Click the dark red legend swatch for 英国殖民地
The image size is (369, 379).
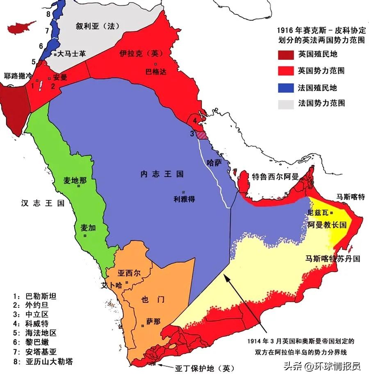point(286,54)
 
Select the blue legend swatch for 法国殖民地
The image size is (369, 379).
point(286,88)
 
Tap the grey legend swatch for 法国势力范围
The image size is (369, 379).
point(286,104)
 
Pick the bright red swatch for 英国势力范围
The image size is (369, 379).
point(286,71)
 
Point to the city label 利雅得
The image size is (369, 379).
point(183,199)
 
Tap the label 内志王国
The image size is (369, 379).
point(162,174)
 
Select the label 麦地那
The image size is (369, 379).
point(75,180)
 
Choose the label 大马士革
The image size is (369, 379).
point(71,54)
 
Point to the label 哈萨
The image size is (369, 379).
point(214,163)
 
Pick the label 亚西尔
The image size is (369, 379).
point(128,273)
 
